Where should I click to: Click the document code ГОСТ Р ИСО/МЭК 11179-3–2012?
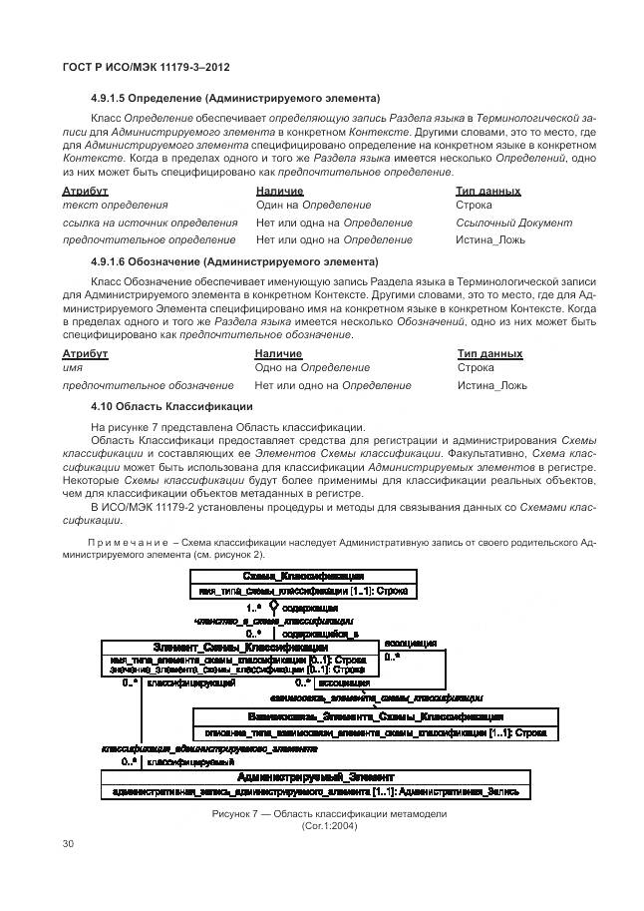coord(141,66)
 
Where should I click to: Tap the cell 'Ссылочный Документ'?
coord(513,223)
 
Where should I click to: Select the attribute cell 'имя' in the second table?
coord(72,368)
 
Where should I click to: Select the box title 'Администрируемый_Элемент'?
coord(316,776)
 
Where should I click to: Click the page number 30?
coord(69,844)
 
